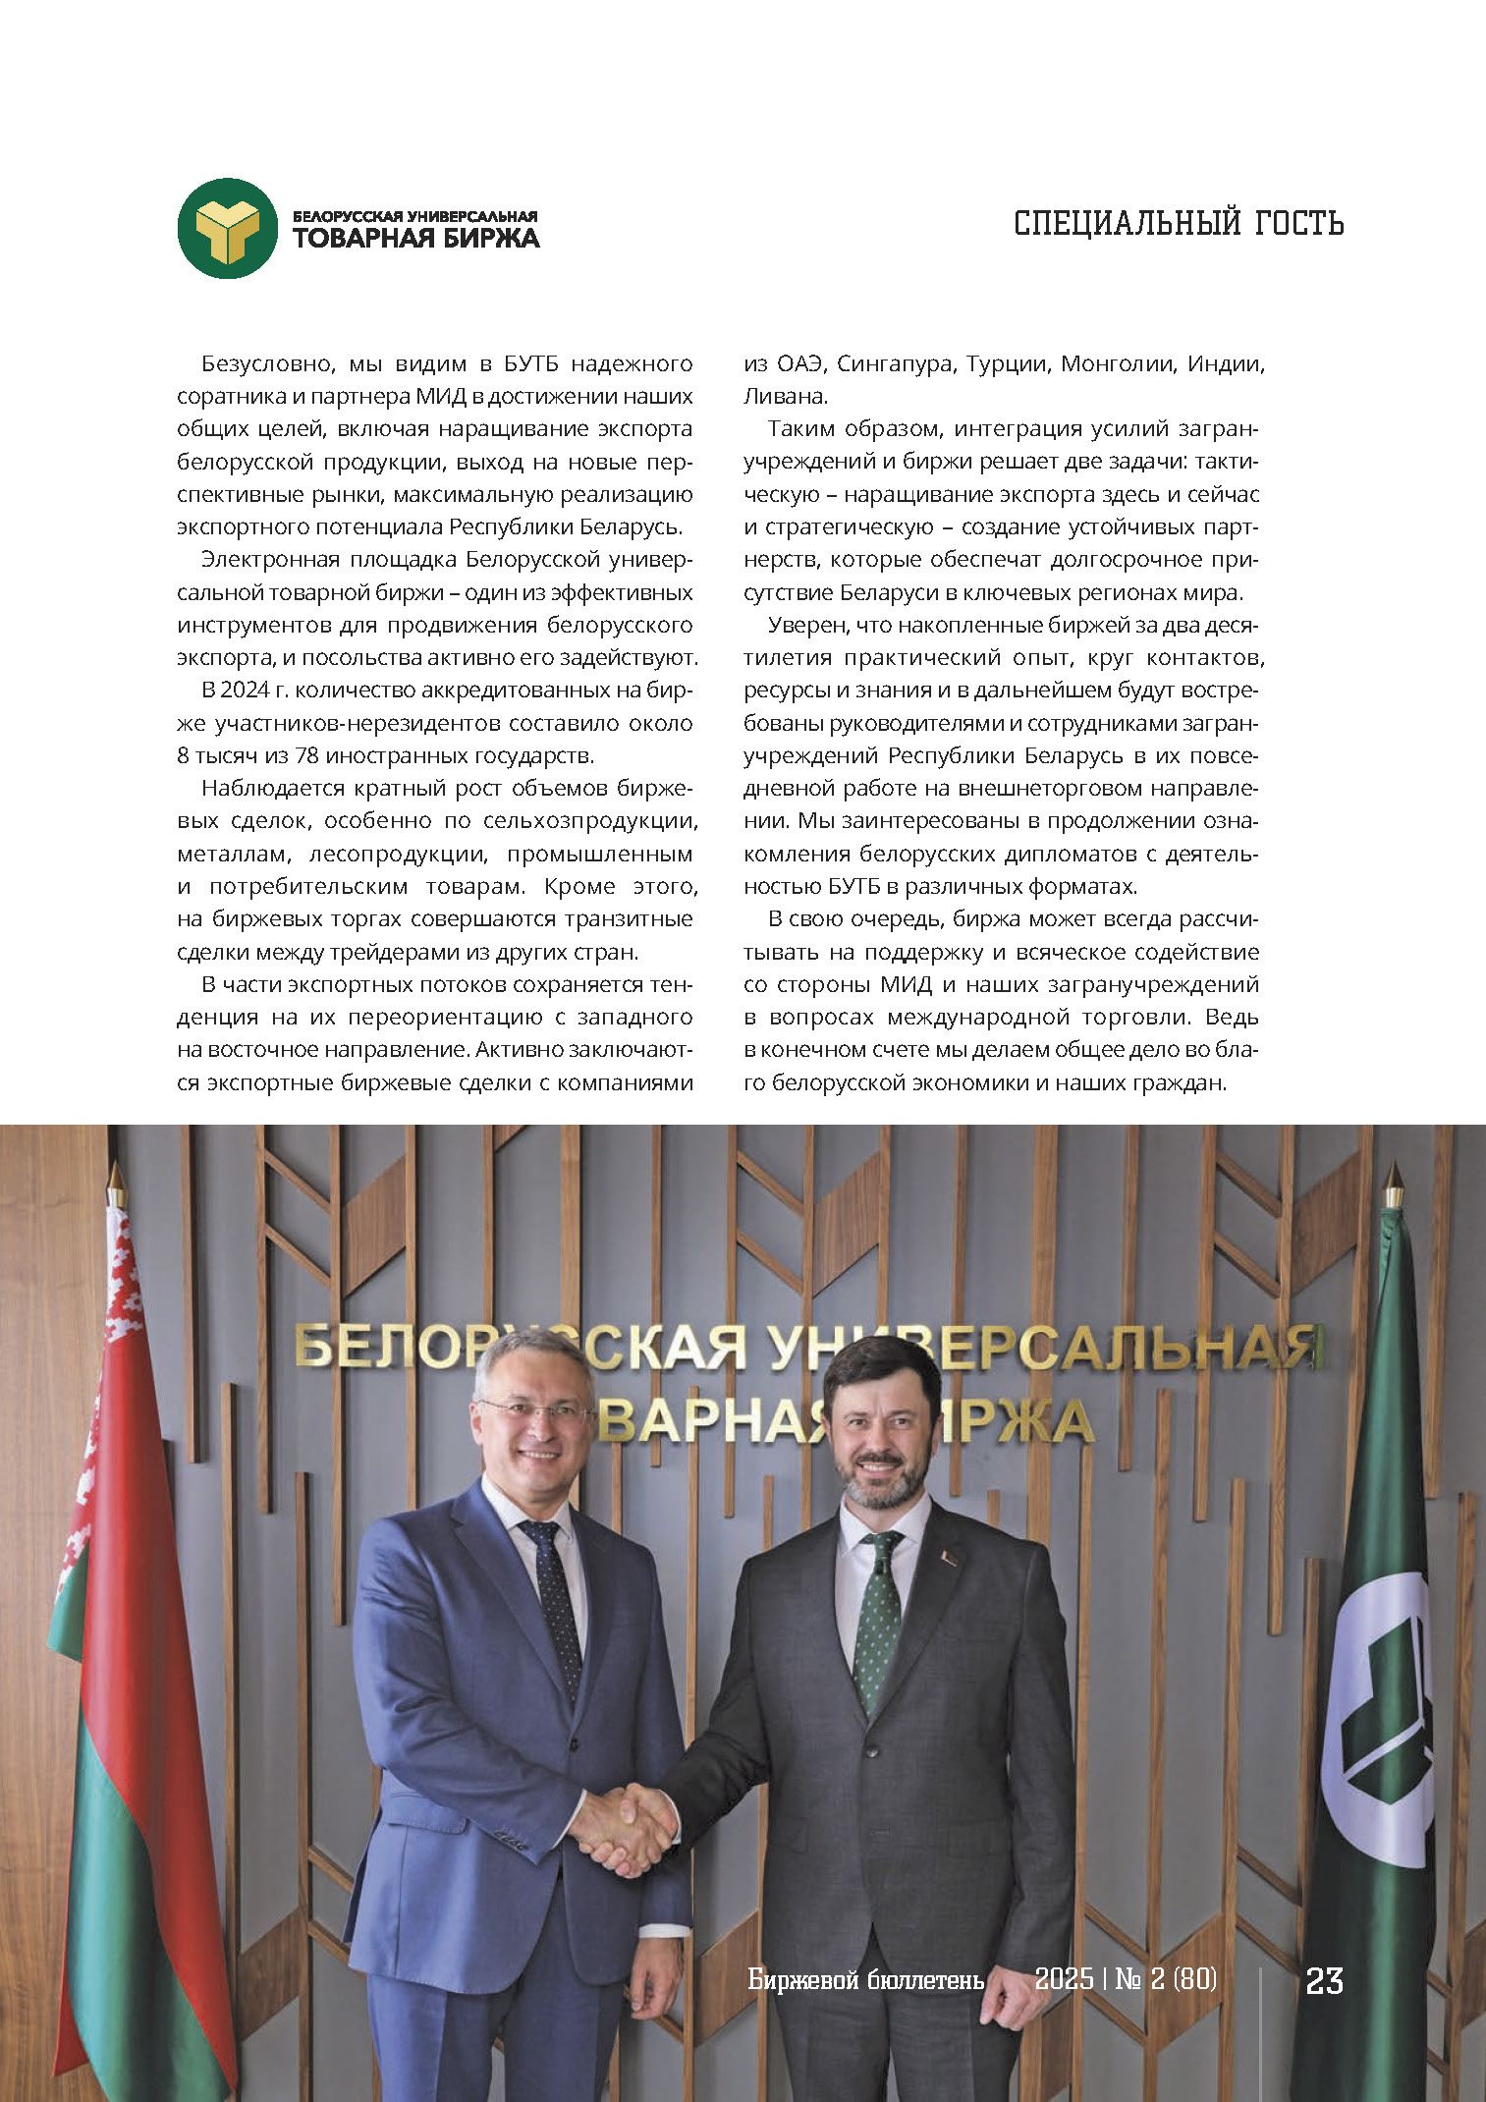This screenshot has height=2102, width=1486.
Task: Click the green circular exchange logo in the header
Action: [228, 228]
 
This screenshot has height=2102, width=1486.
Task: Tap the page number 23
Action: [1324, 1980]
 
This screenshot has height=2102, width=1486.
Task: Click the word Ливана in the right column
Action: [784, 397]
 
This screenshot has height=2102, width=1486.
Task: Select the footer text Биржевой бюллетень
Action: [865, 1979]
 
